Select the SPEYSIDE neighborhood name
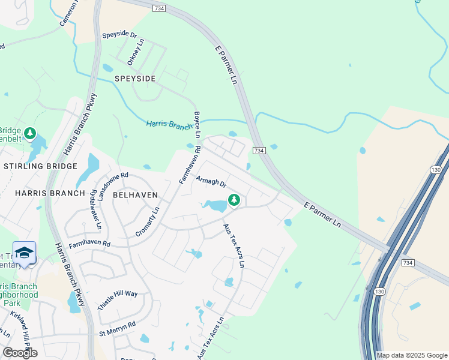(135, 79)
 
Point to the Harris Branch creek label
(170, 124)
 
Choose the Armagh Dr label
(211, 181)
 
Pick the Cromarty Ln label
(148, 221)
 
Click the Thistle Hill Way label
(118, 301)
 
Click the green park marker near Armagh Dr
(234, 200)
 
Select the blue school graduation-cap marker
(24, 253)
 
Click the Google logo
(20, 353)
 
